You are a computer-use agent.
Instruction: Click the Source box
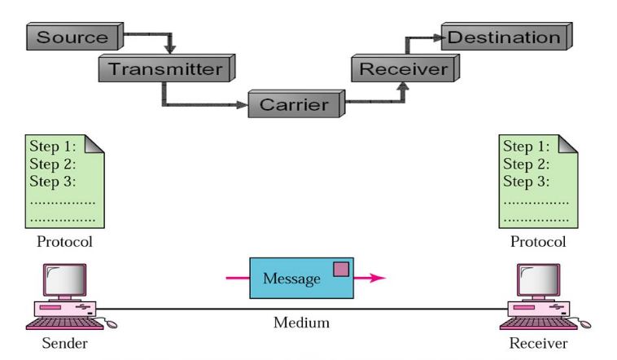[x=72, y=37]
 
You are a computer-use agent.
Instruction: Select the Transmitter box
[x=165, y=68]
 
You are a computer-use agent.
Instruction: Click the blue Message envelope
[x=302, y=279]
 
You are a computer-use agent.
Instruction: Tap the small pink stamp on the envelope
[x=341, y=268]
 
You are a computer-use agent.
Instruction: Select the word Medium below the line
[x=301, y=323]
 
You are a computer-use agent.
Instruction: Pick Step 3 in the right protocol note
[x=524, y=180]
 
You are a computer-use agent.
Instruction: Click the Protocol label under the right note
[x=537, y=242]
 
